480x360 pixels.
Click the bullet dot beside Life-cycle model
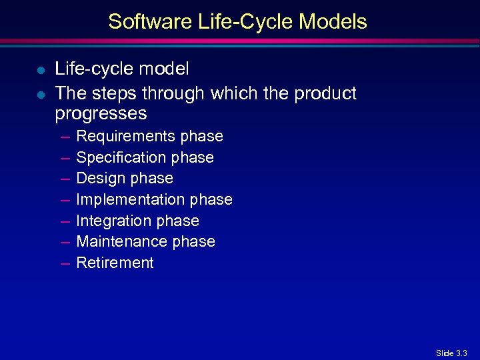coord(41,69)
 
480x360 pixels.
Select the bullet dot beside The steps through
coord(41,94)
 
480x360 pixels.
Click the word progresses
coord(101,114)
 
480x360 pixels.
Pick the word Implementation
coord(131,200)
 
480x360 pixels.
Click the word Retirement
coord(115,263)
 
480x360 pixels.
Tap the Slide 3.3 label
coord(451,353)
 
